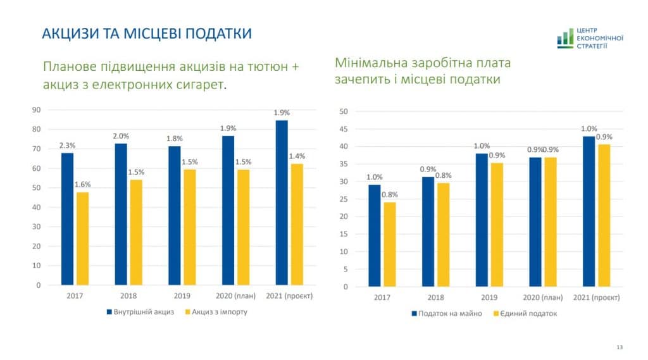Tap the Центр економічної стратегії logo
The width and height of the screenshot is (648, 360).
click(x=590, y=39)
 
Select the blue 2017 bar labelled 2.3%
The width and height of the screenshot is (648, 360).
click(x=67, y=219)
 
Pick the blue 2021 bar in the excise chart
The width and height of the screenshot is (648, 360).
click(x=282, y=202)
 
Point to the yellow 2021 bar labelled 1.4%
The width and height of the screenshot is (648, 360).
click(x=297, y=225)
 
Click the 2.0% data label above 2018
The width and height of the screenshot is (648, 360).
click(x=121, y=136)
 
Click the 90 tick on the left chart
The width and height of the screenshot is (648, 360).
click(x=36, y=110)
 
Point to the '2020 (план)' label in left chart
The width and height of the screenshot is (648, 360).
click(x=236, y=295)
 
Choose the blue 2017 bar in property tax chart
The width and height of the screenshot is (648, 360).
click(x=375, y=235)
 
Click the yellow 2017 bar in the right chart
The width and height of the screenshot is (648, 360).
click(x=390, y=244)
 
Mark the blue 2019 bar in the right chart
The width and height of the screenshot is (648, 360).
click(x=482, y=220)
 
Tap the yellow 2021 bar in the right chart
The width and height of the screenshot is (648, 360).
click(x=604, y=216)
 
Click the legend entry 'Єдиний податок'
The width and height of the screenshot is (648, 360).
click(x=528, y=313)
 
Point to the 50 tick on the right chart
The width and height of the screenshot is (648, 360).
click(x=344, y=111)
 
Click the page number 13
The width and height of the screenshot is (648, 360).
click(x=619, y=347)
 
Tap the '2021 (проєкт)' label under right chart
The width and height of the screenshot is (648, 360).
click(x=597, y=297)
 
